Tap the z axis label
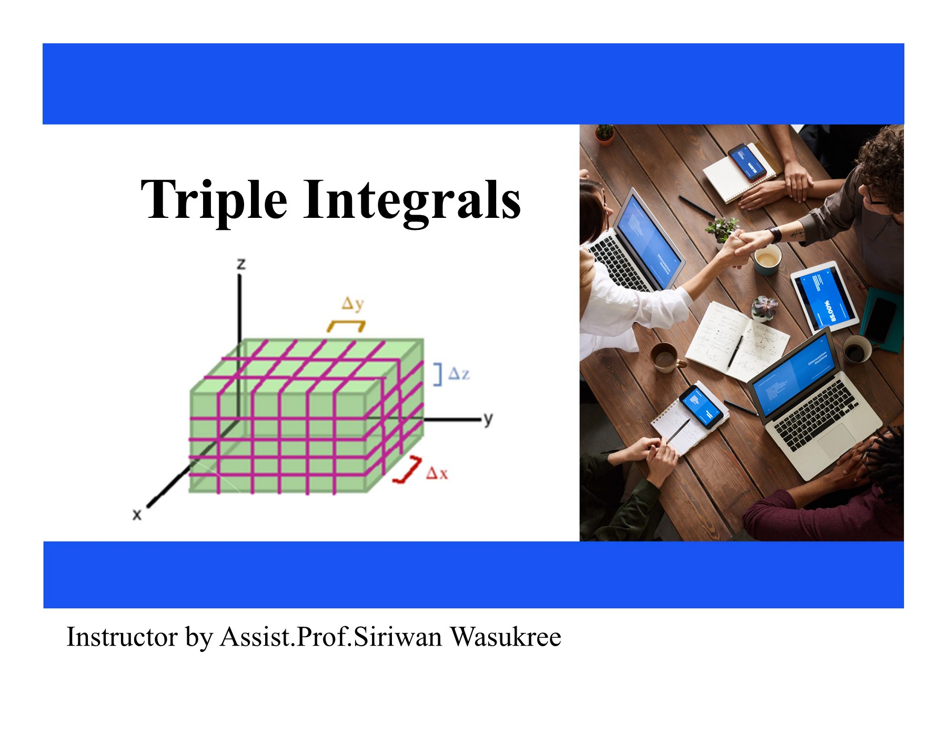coord(241,264)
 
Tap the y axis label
coord(488,419)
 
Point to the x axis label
coord(137,514)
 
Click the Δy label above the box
coord(352,304)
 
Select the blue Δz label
coord(459,374)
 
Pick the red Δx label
coord(437,473)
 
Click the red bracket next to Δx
coord(408,470)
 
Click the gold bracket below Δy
coord(346,326)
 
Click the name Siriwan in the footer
coord(398,637)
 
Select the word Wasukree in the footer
coord(506,637)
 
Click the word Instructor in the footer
coord(122,637)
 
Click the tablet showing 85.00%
coord(824,297)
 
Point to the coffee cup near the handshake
coord(767,259)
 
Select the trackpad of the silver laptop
coord(839,439)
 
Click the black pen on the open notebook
coord(734,352)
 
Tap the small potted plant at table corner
coord(605,134)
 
